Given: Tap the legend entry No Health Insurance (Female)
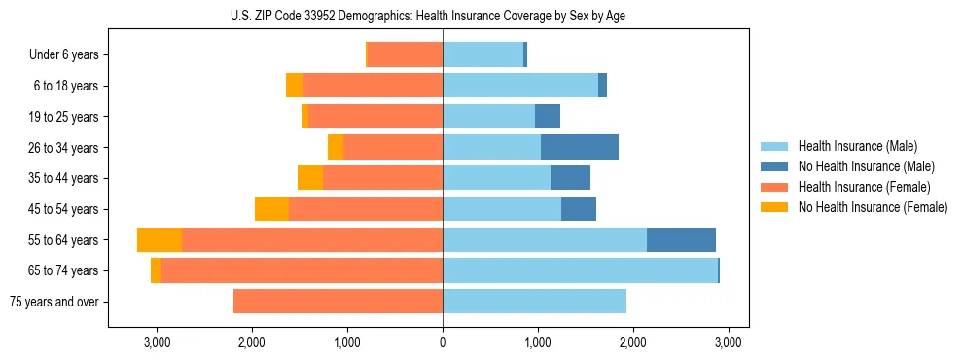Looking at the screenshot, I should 873,207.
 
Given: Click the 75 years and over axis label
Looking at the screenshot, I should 53,302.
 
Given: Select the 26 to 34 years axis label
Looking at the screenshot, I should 65,148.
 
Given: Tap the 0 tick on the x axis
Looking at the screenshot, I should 443,342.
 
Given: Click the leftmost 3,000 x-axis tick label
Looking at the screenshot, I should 157,342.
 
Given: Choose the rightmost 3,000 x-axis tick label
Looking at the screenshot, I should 729,342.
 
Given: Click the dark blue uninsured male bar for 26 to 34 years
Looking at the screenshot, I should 580,147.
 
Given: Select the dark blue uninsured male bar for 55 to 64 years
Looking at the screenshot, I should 681,239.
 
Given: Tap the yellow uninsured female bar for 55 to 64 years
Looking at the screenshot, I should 160,239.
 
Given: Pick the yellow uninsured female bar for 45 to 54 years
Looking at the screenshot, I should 271,209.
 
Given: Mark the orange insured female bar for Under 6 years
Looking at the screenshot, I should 406,55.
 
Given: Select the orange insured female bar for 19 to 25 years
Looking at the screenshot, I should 375,117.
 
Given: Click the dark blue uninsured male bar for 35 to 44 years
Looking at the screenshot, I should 570,178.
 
